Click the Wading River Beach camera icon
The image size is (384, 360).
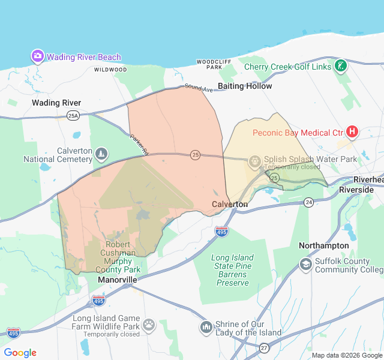click(x=38, y=56)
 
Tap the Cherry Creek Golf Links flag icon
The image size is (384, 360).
click(x=341, y=65)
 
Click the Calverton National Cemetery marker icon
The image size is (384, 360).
click(x=101, y=154)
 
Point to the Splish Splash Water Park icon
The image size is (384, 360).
click(x=255, y=160)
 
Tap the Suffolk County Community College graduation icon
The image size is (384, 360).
click(x=306, y=265)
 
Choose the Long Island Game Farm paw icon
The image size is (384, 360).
click(x=148, y=325)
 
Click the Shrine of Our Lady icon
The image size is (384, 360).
click(x=206, y=328)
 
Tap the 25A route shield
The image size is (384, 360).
click(x=73, y=116)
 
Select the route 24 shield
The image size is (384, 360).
click(x=308, y=202)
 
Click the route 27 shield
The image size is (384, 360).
click(x=264, y=347)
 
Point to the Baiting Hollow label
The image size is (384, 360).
click(x=245, y=86)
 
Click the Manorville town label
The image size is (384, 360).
click(x=118, y=280)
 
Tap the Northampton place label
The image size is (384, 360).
click(x=324, y=245)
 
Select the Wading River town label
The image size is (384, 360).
click(x=56, y=103)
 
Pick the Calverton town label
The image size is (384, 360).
click(x=230, y=204)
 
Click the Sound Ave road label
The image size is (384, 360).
click(x=199, y=88)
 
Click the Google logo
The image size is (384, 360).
click(x=20, y=353)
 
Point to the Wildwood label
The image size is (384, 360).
click(x=110, y=70)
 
